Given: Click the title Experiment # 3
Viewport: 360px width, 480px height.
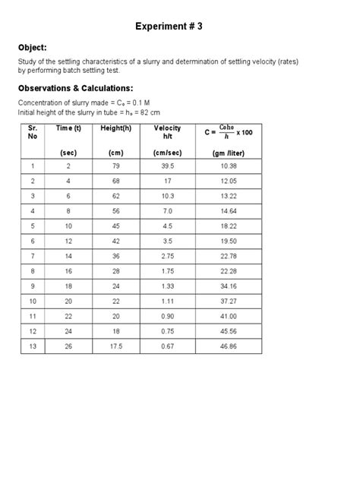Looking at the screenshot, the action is pos(179,27).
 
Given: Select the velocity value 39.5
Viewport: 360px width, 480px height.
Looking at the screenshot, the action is pos(167,166).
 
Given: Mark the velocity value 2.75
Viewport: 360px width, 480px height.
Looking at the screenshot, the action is pos(167,255).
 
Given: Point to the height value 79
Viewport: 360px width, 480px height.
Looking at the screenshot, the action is pos(115,166).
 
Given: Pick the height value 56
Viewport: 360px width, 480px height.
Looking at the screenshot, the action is pos(115,210).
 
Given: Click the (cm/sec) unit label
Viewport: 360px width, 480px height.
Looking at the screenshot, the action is pos(167,153).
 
